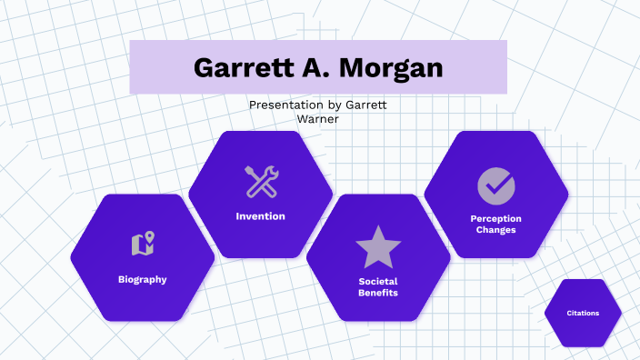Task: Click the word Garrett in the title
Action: (x=239, y=68)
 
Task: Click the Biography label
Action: (x=142, y=279)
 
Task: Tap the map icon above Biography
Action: (x=143, y=244)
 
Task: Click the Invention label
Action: (x=260, y=216)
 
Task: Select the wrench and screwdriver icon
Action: (x=261, y=182)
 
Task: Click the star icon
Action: (x=378, y=246)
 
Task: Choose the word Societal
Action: (x=378, y=281)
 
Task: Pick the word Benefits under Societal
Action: (x=378, y=293)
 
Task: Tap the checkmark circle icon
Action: (x=495, y=185)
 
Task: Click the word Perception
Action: (x=495, y=218)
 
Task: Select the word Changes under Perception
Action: (x=495, y=230)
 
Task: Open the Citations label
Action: (x=583, y=313)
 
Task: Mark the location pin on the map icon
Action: (x=148, y=239)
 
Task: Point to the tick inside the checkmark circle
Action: (x=496, y=185)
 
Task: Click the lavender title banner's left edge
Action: (x=133, y=67)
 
